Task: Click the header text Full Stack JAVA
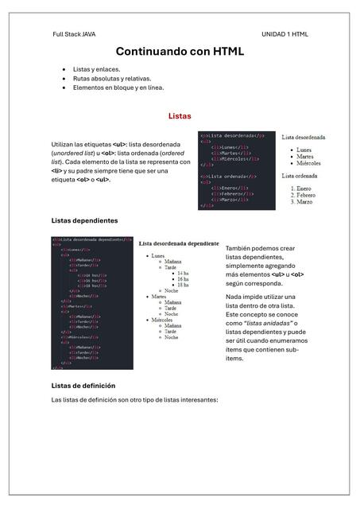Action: [74, 34]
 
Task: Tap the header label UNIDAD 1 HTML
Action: [285, 34]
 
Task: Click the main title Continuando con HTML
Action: [180, 52]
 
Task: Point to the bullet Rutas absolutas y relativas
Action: [111, 79]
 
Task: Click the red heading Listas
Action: [180, 116]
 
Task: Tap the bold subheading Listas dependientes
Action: [84, 220]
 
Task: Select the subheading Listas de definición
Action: [83, 386]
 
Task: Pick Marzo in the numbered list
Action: [297, 202]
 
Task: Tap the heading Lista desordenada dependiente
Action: [179, 243]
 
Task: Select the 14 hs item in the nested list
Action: [183, 274]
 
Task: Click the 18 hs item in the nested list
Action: [183, 285]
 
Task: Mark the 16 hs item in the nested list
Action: [183, 279]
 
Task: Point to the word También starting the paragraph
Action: [239, 249]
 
